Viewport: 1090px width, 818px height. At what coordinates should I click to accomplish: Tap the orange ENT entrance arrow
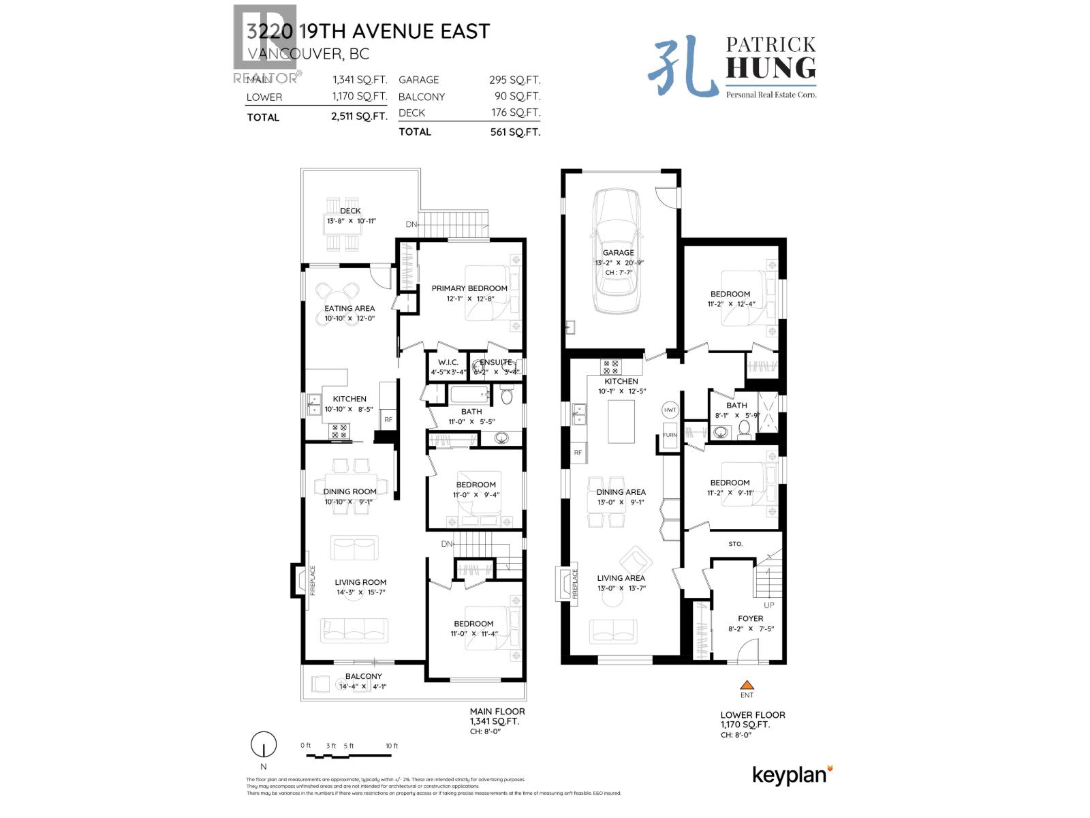(x=747, y=685)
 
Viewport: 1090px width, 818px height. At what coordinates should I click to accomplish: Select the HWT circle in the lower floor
(x=670, y=410)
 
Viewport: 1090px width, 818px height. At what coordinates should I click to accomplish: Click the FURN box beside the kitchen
(x=670, y=435)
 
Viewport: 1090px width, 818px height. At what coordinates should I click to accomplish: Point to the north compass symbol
(x=264, y=744)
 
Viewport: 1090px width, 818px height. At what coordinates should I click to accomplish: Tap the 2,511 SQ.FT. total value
(x=359, y=117)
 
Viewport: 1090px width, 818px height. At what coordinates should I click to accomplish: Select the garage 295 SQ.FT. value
(x=514, y=80)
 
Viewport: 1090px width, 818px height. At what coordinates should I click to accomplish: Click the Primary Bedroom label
(x=469, y=288)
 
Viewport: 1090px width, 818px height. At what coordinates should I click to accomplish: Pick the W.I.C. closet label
(x=448, y=363)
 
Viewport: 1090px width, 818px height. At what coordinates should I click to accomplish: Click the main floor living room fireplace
(x=300, y=581)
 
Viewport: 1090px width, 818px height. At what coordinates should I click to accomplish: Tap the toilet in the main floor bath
(x=507, y=396)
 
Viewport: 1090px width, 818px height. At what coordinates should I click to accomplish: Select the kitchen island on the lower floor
(x=621, y=422)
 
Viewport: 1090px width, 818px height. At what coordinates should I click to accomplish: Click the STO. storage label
(x=735, y=544)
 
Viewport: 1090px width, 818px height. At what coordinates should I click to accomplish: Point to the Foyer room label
(x=750, y=618)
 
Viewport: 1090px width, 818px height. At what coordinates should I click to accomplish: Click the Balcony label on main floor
(x=363, y=676)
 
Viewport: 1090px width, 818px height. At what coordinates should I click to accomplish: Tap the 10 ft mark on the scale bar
(x=392, y=746)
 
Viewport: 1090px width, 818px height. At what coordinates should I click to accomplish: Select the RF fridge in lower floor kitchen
(x=578, y=453)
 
